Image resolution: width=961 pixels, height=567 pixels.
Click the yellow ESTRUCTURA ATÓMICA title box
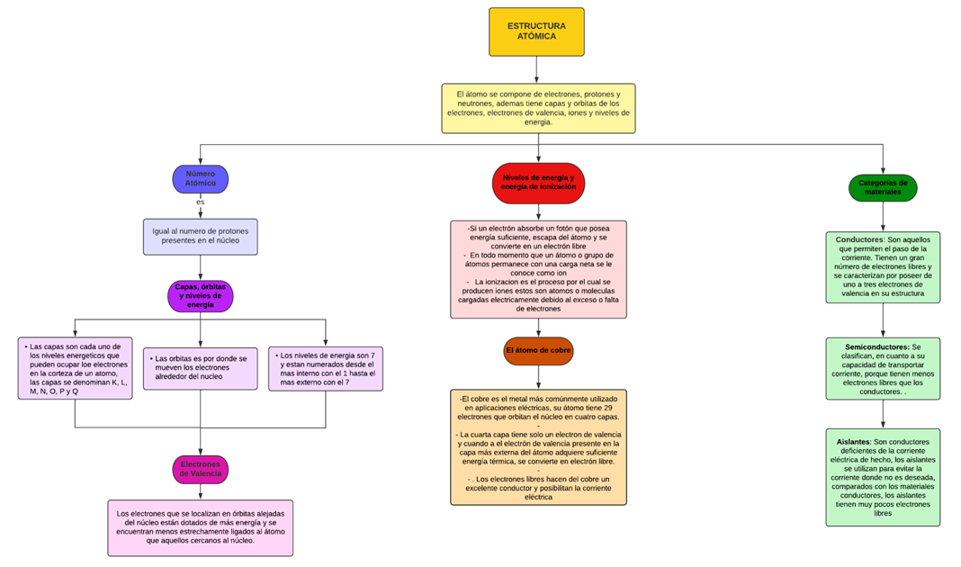(536, 31)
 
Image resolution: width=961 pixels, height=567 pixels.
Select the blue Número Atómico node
(201, 178)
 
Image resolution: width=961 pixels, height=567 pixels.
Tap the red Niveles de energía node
(538, 183)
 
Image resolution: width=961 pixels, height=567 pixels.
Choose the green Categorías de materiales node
(882, 188)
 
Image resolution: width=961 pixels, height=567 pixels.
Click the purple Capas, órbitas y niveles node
(200, 296)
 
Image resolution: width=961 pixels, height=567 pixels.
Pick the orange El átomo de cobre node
(538, 350)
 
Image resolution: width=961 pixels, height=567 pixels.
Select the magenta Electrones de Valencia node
(200, 469)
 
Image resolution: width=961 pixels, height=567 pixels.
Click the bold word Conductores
(859, 240)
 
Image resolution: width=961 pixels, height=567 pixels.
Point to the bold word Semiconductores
(877, 346)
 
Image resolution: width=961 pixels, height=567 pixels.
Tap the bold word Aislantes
(853, 442)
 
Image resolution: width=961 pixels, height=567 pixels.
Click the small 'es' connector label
(201, 202)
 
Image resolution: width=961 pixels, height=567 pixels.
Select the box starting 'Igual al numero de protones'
(200, 237)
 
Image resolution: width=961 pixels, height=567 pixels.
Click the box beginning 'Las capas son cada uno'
(75, 368)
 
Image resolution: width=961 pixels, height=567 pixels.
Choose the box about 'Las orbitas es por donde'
(200, 367)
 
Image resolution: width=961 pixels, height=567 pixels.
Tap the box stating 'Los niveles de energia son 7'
(325, 368)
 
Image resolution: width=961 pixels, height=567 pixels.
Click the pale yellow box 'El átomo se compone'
(538, 108)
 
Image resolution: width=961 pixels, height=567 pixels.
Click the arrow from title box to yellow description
(536, 69)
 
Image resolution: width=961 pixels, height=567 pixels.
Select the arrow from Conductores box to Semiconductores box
(882, 320)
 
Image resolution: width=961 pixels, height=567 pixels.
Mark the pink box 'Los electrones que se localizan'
(200, 527)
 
